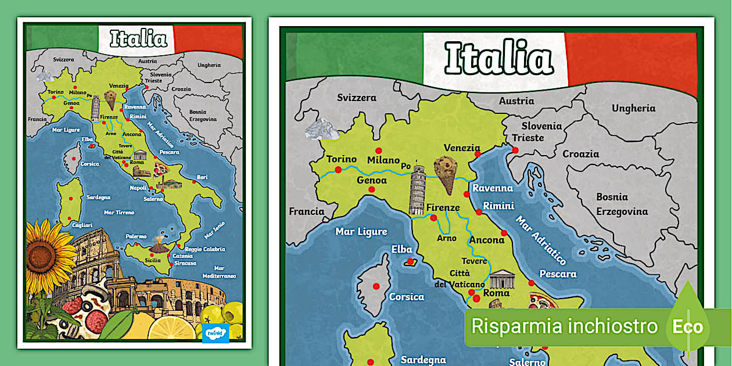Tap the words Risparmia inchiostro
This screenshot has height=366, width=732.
564,326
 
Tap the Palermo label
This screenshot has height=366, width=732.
137,236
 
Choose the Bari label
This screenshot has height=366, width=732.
202,177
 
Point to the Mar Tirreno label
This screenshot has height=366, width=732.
119,213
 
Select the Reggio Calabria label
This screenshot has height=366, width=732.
205,249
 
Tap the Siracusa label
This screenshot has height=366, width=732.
185,263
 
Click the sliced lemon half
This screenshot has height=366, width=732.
171,329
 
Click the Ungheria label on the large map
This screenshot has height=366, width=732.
633,108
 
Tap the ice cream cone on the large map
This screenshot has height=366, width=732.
446,174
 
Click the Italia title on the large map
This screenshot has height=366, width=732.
498,59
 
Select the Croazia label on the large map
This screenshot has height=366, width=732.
580,154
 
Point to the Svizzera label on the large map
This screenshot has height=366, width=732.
357,98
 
